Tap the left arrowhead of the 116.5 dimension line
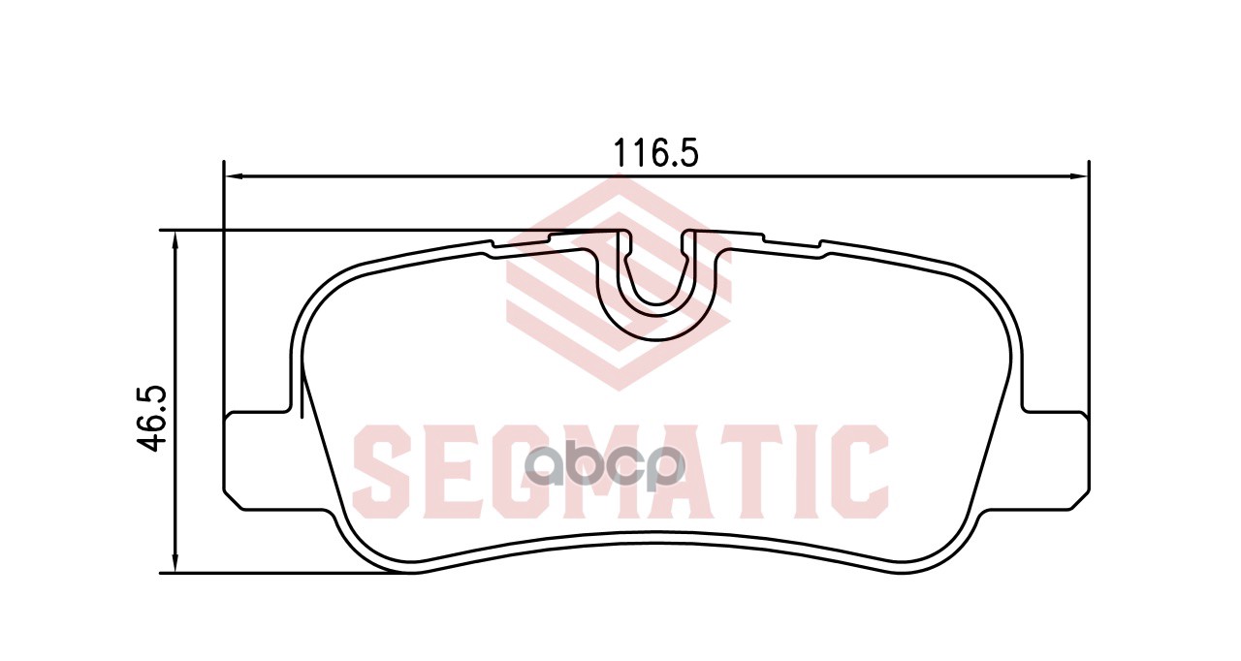[x=236, y=176]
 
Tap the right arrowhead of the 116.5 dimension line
[x=1076, y=176]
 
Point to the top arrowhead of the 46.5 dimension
[x=175, y=240]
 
